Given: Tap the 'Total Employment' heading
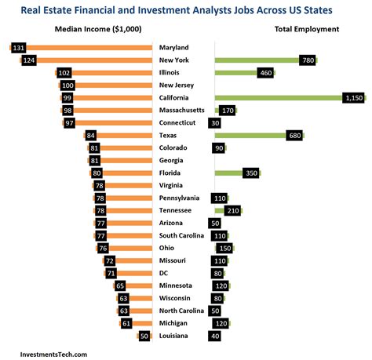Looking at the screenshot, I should pyautogui.click(x=307, y=29).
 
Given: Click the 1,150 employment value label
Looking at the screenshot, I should pyautogui.click(x=355, y=97).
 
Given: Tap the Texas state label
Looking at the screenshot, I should pyautogui.click(x=170, y=135).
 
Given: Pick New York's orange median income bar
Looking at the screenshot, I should pyautogui.click(x=94, y=60).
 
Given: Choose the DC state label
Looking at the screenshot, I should pyautogui.click(x=164, y=273).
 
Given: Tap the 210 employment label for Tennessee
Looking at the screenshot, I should pyautogui.click(x=233, y=210).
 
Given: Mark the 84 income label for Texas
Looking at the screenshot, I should pyautogui.click(x=92, y=135).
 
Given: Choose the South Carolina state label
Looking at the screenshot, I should pyautogui.click(x=183, y=235).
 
